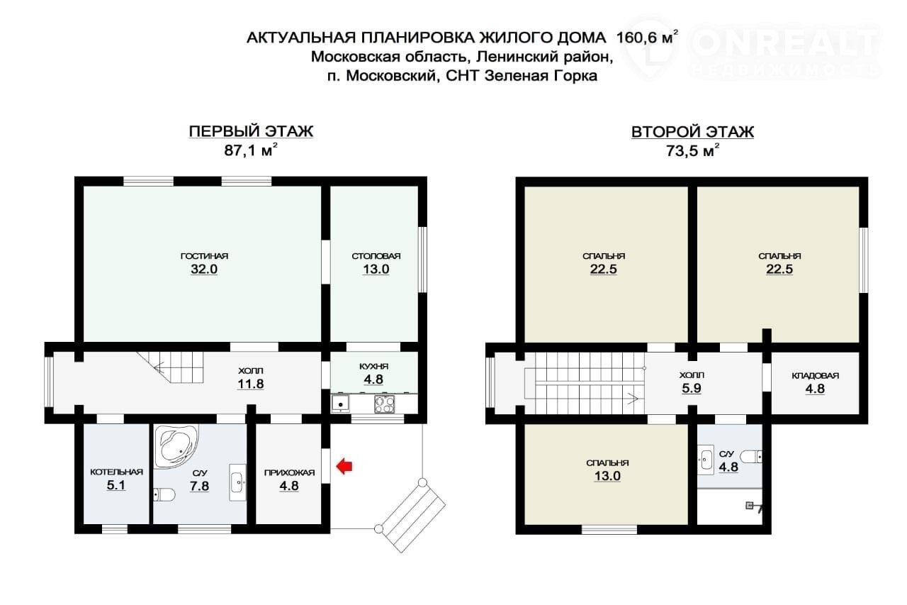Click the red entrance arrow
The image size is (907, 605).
point(344,466)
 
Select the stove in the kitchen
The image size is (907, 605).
point(384,404)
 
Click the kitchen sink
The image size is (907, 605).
point(341,404)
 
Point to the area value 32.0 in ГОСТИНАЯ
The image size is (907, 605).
point(204,270)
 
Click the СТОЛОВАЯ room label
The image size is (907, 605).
point(376,256)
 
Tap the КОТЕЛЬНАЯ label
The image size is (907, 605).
point(117,472)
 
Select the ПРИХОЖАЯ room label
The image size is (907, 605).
point(289,473)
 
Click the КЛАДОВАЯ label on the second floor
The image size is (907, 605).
point(815,376)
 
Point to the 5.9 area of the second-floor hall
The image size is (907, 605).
point(691,388)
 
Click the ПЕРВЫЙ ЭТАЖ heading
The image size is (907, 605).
point(251,131)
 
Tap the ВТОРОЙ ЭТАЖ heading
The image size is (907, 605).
point(692,132)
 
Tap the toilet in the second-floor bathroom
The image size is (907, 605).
point(752,457)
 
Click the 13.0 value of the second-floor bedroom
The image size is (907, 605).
point(607,476)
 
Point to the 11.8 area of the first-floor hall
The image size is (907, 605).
point(250,384)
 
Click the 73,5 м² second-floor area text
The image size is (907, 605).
point(693,151)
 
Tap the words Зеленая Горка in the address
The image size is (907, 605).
point(541,76)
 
